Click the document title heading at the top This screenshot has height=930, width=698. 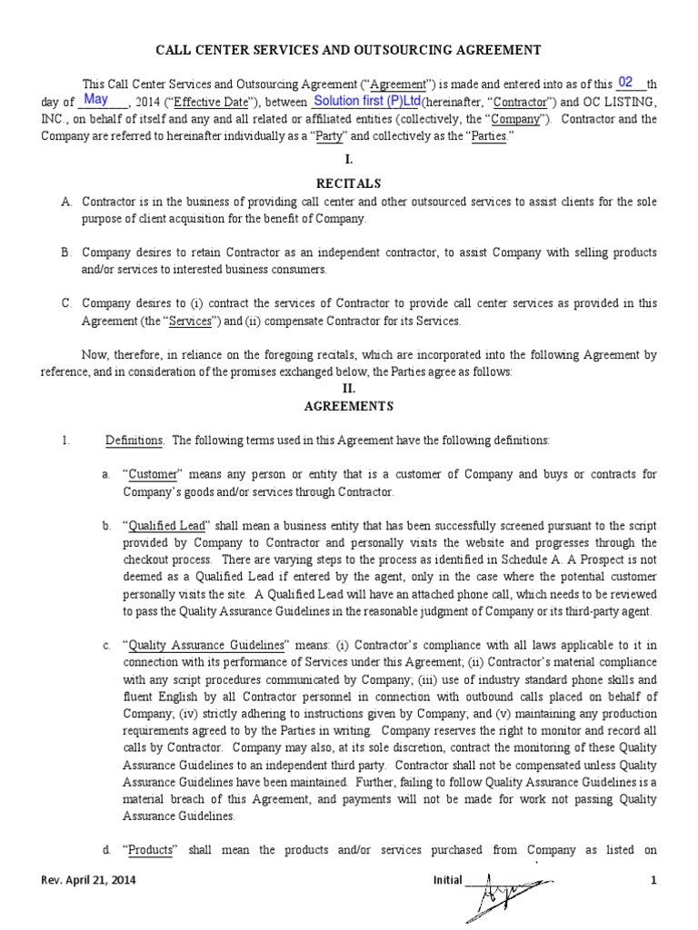tap(349, 50)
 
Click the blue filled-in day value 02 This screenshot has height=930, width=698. tap(625, 82)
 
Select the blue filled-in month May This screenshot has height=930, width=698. tap(95, 100)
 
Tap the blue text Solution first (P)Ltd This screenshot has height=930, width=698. tap(366, 101)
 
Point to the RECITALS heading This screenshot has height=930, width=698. tap(349, 183)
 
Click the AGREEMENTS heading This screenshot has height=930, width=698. tap(349, 406)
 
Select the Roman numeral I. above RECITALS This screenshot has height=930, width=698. tap(349, 159)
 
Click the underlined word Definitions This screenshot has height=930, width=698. tap(135, 440)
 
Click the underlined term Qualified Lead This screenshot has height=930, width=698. tap(168, 526)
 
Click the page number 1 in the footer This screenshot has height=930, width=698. tap(653, 882)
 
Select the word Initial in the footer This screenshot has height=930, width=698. tap(447, 882)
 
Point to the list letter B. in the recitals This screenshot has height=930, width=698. tap(66, 252)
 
